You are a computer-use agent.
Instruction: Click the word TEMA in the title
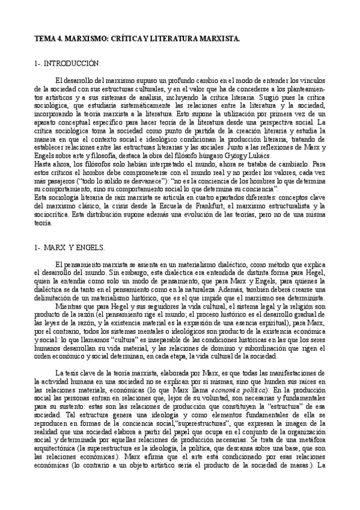point(44,38)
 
